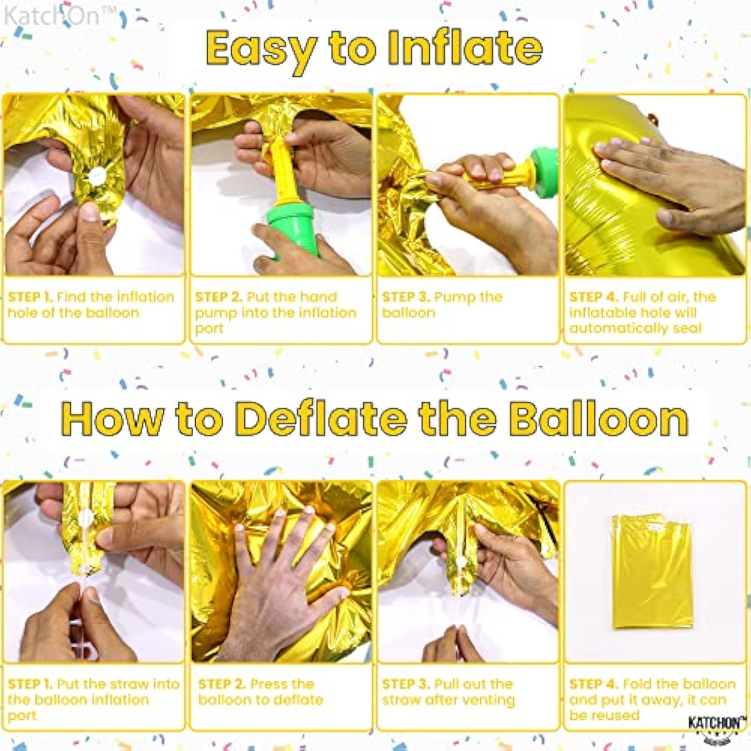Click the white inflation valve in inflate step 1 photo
[x=96, y=175]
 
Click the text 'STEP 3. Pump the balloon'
[x=442, y=304]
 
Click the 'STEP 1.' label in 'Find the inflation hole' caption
[x=30, y=297]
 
